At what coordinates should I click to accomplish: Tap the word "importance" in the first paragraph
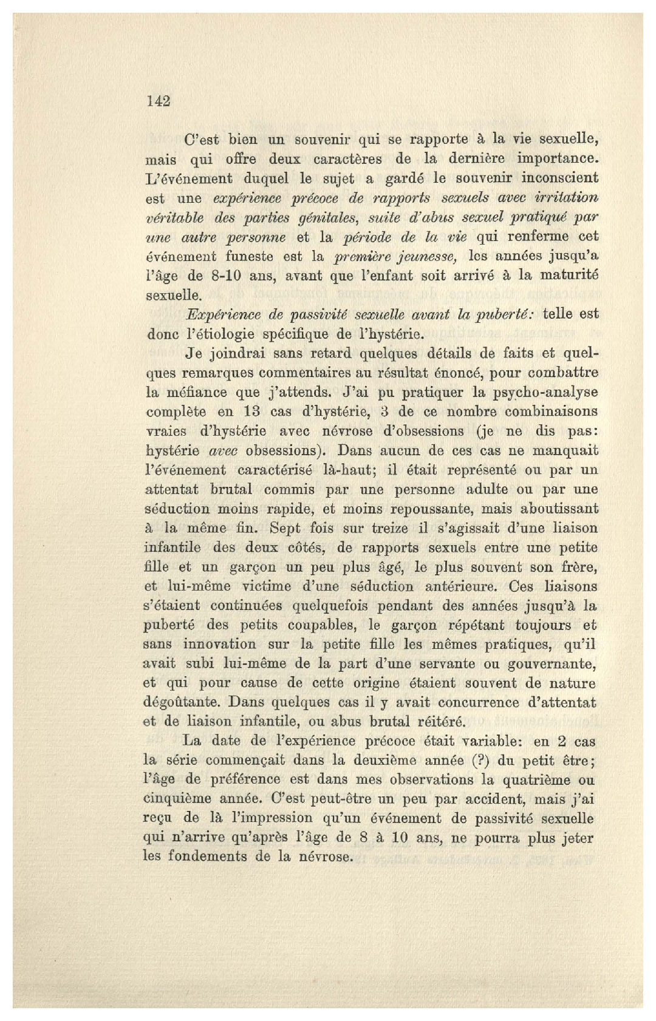(x=557, y=159)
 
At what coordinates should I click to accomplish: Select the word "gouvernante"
(x=555, y=664)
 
